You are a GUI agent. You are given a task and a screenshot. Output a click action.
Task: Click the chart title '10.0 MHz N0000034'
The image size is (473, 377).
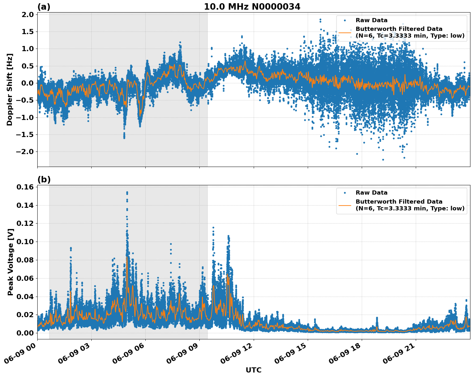coord(252,7)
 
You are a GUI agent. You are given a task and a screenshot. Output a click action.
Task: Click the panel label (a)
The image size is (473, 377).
coord(44,7)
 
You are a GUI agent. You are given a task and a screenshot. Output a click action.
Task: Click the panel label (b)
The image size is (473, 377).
coord(44,179)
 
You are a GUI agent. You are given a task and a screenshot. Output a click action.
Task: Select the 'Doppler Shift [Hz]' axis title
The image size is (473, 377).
coord(10,89)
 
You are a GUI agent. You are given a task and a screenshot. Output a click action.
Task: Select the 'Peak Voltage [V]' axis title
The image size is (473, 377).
coord(10,262)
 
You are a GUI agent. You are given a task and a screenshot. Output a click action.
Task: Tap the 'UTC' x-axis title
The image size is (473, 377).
coord(253,370)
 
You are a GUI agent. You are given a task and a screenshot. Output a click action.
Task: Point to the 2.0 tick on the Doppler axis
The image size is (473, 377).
coord(27,14)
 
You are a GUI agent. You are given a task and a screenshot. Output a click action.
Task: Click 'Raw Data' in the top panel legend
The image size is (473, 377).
coord(371,20)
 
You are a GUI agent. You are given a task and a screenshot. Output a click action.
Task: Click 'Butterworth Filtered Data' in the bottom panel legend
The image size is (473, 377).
coord(399,202)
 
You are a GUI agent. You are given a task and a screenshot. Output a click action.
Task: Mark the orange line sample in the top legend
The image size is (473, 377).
coord(345,32)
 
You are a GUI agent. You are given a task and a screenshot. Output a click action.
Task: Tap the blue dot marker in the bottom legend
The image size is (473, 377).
coord(345,193)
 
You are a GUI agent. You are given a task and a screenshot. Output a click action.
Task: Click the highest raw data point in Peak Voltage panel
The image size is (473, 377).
coord(127,192)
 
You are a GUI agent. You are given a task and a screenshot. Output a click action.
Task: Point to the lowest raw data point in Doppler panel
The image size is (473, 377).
coord(383,160)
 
